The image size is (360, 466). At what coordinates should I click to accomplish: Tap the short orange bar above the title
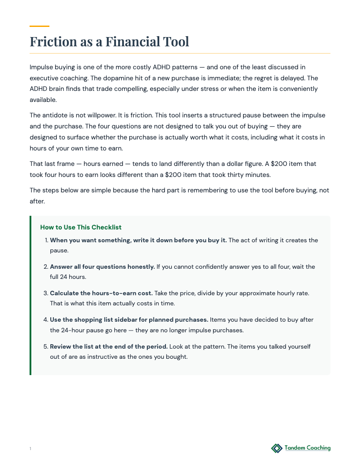coord(39,26)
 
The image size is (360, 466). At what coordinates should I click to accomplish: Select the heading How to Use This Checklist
coord(81,227)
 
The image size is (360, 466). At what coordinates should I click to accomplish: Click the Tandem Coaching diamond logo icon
coord(277,448)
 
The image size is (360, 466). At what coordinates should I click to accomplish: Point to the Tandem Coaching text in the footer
coord(307,448)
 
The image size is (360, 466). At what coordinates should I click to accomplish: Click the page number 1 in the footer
coord(30,449)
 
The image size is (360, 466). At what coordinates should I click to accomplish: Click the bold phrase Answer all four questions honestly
coord(102,267)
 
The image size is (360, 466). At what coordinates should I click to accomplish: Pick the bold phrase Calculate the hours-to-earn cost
coord(101,293)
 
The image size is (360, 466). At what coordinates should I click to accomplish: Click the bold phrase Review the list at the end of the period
coord(109,346)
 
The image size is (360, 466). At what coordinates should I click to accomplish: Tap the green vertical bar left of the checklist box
coord(30,295)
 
